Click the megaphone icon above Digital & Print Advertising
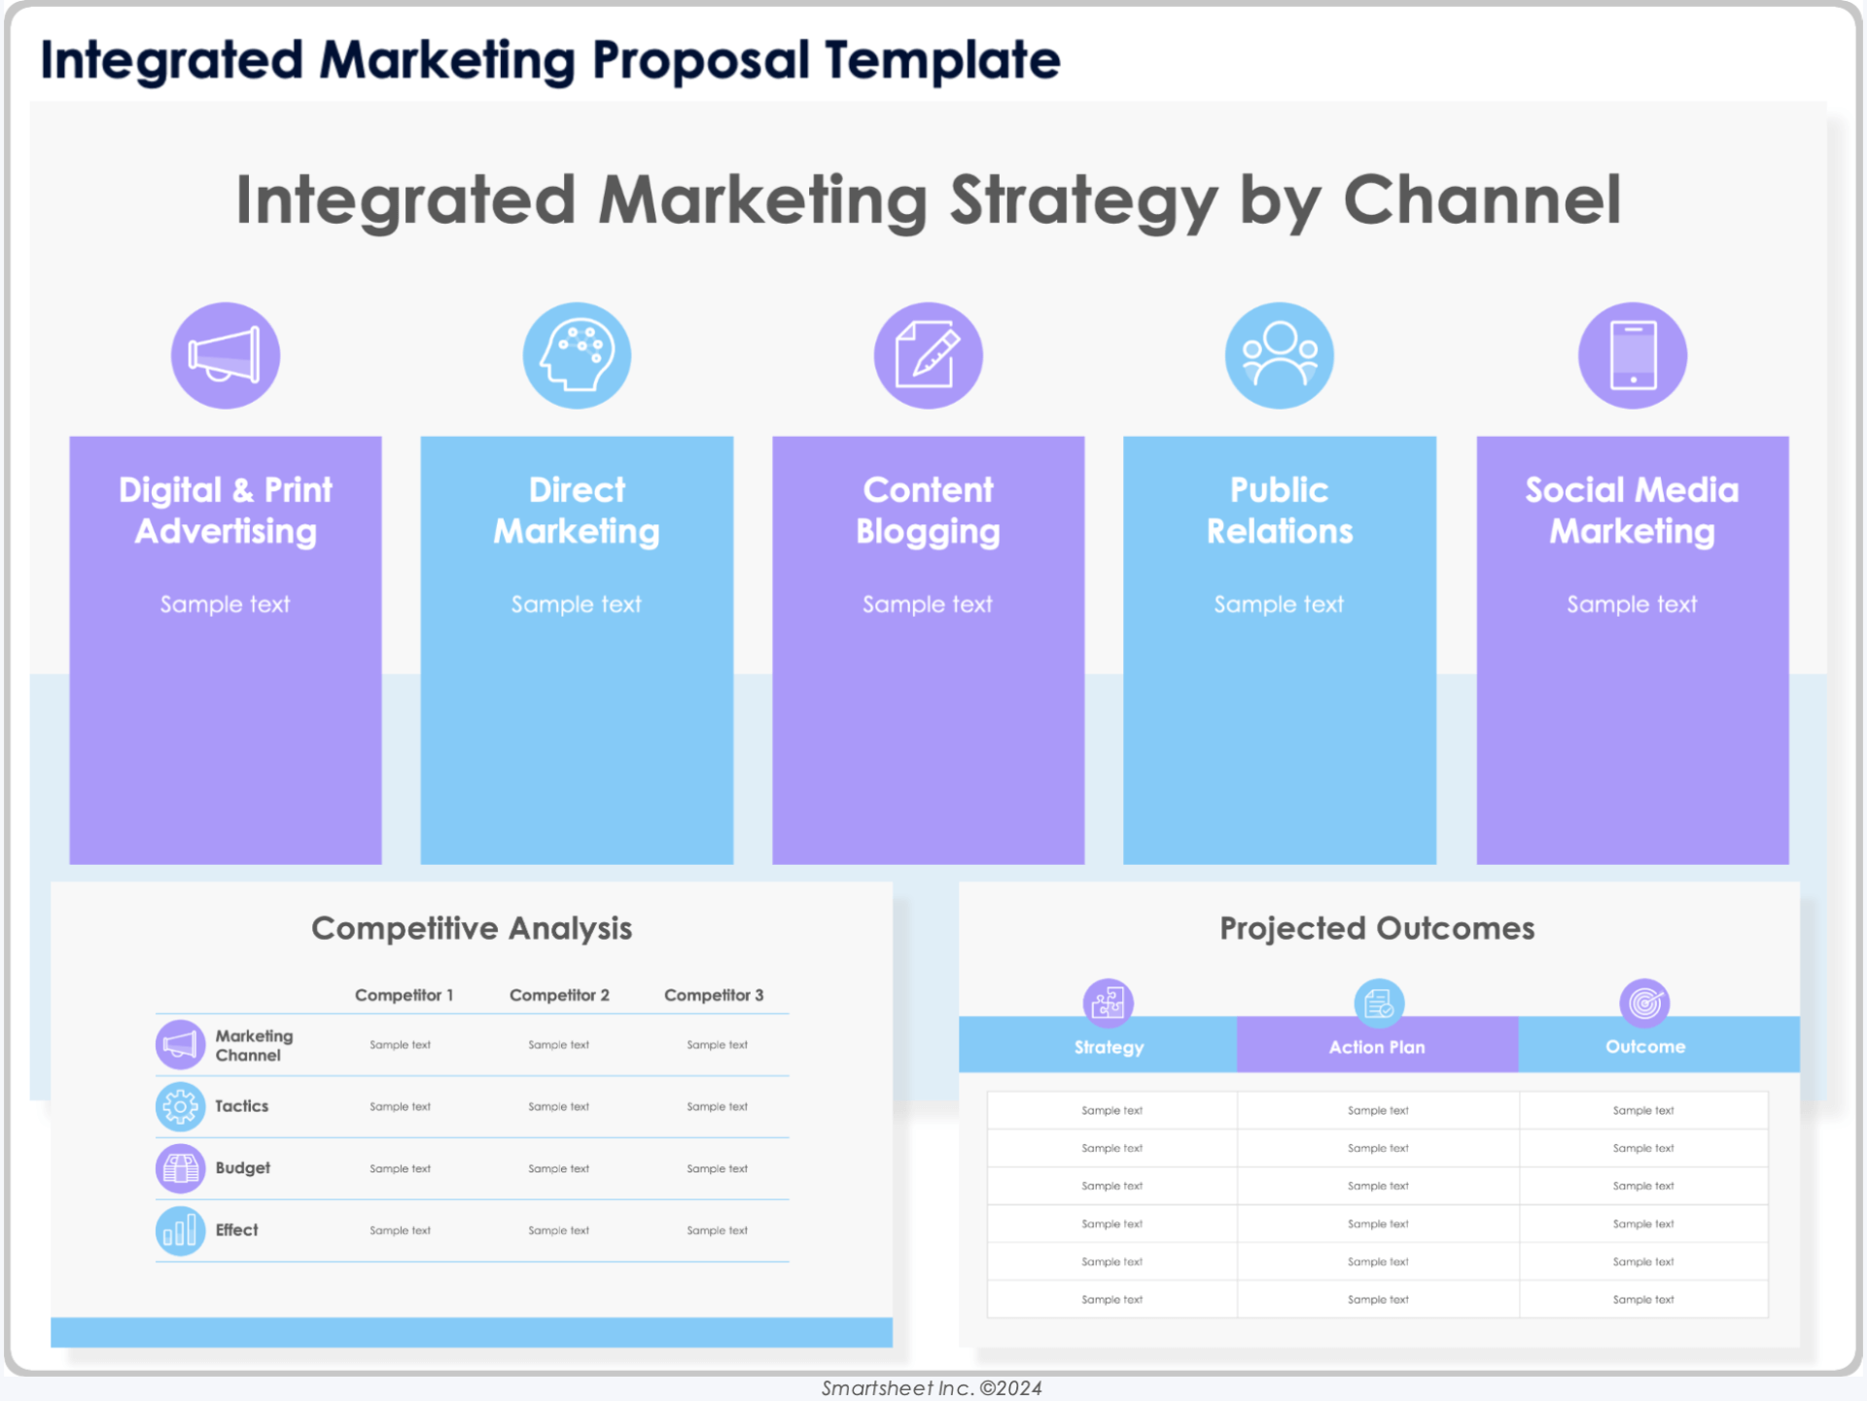tap(226, 355)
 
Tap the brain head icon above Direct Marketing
tap(577, 355)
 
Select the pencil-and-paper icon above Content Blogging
tap(929, 355)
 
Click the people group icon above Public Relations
tap(1280, 355)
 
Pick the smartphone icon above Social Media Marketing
tap(1633, 355)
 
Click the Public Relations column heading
tap(1280, 511)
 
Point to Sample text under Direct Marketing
tap(577, 604)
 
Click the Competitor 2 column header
tap(559, 995)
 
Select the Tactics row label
tap(241, 1106)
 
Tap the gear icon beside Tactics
tap(181, 1107)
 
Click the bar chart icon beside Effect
tap(181, 1231)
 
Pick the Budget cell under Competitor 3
tap(718, 1168)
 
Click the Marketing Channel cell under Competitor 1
tap(400, 1045)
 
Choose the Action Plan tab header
tap(1377, 1046)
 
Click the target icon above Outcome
tap(1644, 1003)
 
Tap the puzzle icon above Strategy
tap(1109, 1003)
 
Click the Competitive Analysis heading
tap(472, 929)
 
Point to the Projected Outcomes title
tap(1378, 929)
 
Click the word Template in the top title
tap(943, 60)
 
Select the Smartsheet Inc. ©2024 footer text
tap(932, 1388)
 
